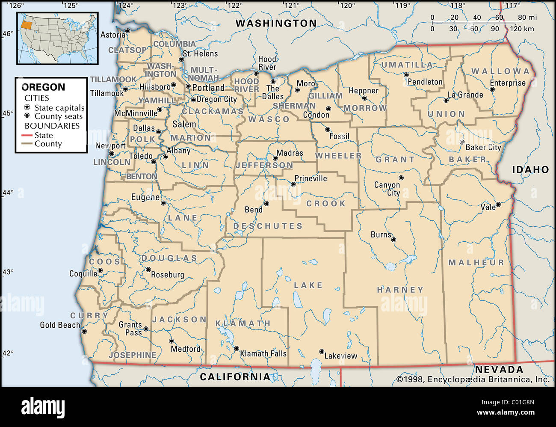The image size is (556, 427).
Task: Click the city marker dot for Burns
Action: (393, 240)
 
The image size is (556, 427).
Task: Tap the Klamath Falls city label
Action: (263, 353)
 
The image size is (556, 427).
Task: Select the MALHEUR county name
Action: (476, 262)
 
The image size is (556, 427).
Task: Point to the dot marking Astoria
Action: (127, 31)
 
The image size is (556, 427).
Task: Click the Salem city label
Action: (184, 124)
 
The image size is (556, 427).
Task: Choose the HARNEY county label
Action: (400, 290)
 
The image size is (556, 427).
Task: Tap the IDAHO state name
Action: (530, 169)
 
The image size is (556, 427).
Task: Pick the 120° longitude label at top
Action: (347, 6)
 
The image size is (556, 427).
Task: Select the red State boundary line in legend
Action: (27, 135)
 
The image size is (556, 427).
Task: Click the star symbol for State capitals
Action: (27, 107)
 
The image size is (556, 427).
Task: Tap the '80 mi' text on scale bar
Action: (527, 18)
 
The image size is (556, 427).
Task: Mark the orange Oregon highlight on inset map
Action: (27, 24)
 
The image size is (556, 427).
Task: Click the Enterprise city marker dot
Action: (492, 89)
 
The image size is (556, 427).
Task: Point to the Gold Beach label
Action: (60, 325)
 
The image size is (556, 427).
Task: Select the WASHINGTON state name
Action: (276, 24)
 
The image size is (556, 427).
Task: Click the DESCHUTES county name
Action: (268, 226)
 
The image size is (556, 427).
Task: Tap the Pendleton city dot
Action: (406, 74)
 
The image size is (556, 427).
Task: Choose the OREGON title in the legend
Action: (43, 87)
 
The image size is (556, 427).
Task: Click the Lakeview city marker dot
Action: (322, 351)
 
